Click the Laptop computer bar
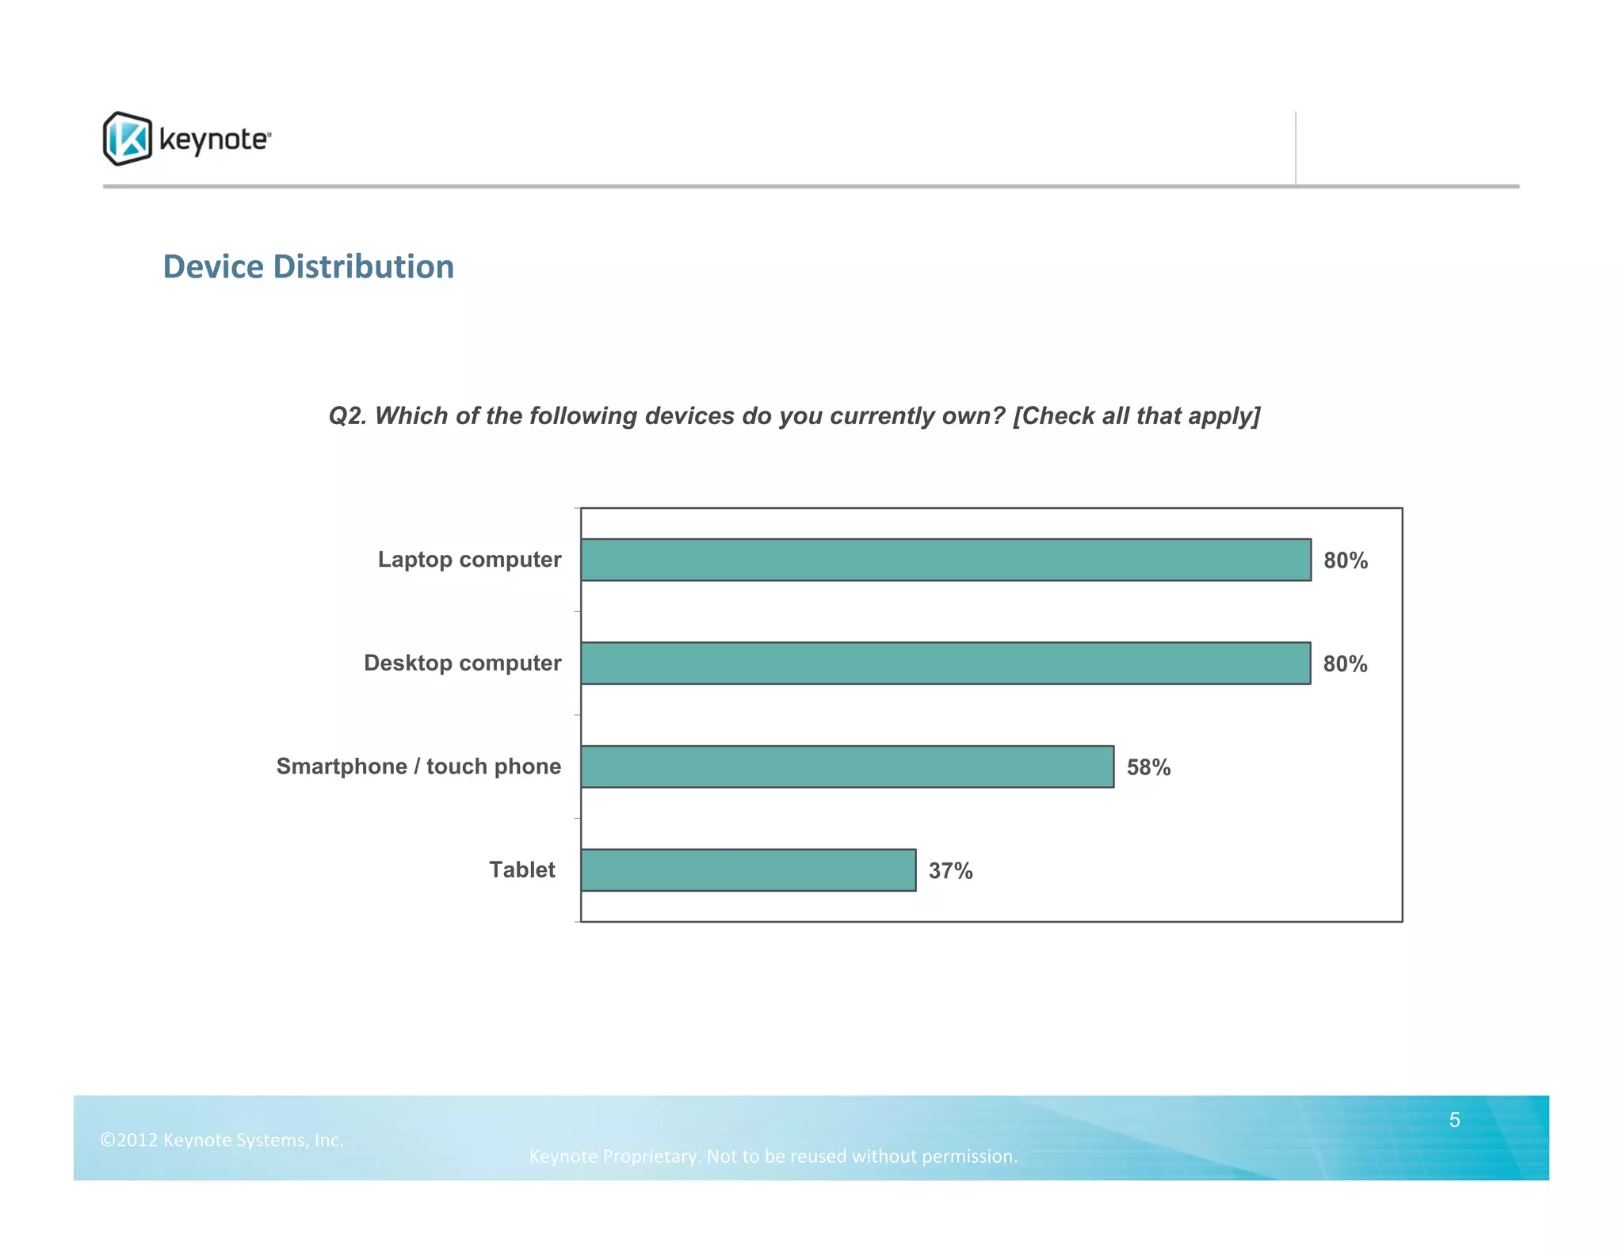coord(945,560)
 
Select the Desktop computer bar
coord(945,663)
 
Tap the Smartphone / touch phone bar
coord(847,767)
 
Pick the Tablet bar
coord(748,870)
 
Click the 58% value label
coord(1148,767)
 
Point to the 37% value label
coord(950,871)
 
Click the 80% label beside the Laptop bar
coord(1345,560)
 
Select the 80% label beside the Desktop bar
coord(1345,664)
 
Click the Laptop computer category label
coord(469,560)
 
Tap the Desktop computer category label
coord(462,663)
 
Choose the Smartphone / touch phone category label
coord(418,767)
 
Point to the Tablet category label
coord(521,870)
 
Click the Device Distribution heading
coord(308,267)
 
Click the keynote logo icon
coord(127,139)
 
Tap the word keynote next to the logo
coord(214,140)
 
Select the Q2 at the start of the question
coord(347,416)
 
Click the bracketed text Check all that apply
coord(1136,416)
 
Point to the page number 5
coord(1454,1120)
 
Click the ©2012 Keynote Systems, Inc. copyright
coord(222,1140)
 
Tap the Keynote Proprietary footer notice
coord(773,1157)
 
